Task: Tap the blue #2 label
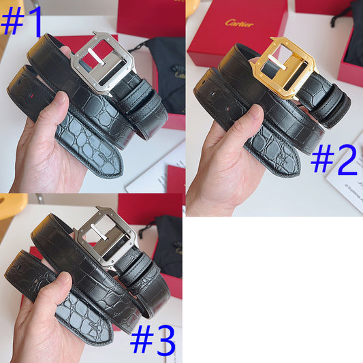click(334, 161)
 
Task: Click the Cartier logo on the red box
click(239, 23)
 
